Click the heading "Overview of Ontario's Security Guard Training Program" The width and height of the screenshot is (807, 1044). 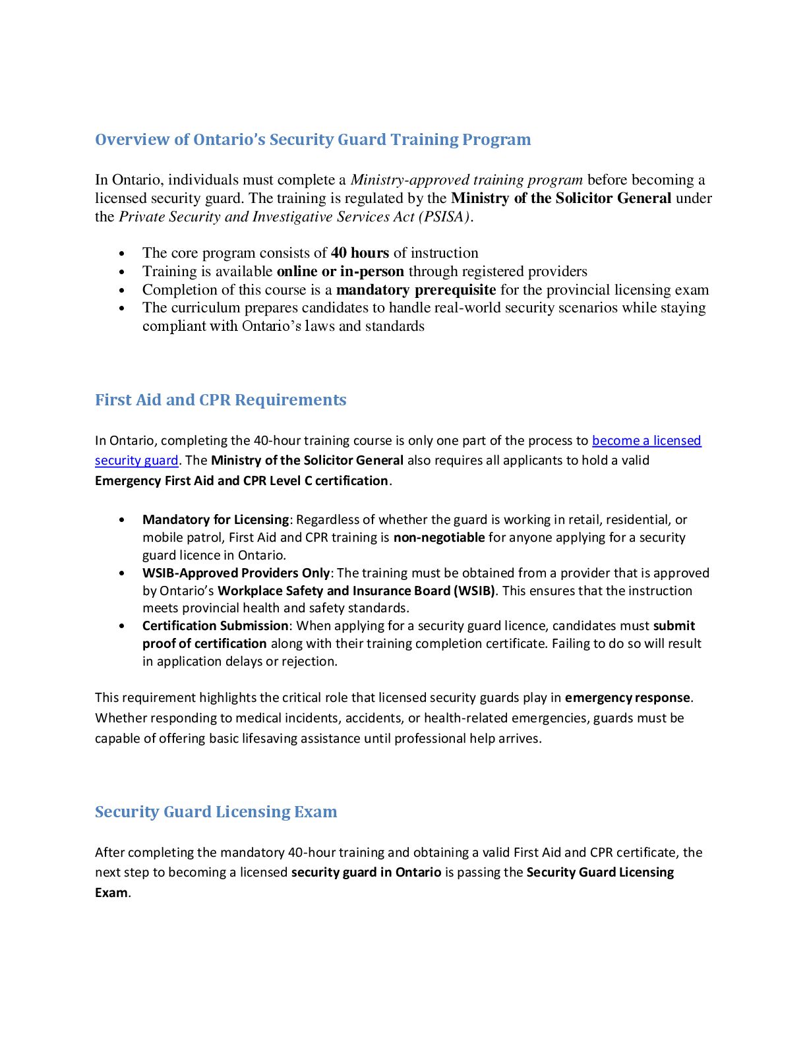coord(313,140)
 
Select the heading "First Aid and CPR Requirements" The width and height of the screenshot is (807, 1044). coord(220,400)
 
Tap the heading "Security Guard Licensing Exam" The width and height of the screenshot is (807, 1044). coord(216,812)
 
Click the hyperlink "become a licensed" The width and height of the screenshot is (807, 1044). coord(646,441)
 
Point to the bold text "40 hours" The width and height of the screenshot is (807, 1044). coord(359,253)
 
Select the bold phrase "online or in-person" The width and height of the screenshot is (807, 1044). coord(340,272)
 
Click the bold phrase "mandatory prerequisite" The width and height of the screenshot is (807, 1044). coord(415,290)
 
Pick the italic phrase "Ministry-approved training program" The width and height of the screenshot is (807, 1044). coord(466,180)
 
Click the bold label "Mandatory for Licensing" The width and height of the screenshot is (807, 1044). coord(216,520)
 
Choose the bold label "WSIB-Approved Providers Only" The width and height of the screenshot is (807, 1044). coord(235,573)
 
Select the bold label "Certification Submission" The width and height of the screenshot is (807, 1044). coord(215,626)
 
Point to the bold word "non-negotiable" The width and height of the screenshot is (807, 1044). coord(439,538)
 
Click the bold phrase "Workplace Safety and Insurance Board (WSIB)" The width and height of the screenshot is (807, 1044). coord(356,591)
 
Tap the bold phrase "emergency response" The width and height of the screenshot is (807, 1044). coord(627,698)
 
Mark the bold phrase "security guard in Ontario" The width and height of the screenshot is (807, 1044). coord(366,873)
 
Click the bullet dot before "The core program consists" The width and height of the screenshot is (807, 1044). coord(121,254)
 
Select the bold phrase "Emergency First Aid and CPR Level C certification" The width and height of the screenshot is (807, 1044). coord(241,481)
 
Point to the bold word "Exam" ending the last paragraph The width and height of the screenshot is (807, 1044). coord(111,893)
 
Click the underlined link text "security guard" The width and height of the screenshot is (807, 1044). coord(136,461)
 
